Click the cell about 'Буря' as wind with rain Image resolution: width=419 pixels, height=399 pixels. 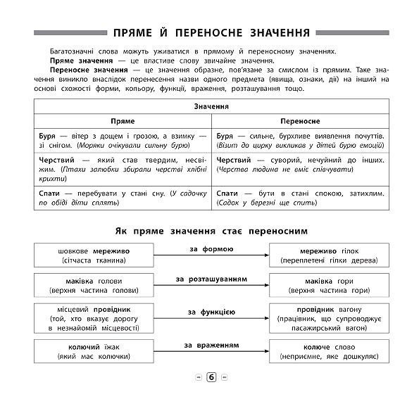pyautogui.click(x=123, y=139)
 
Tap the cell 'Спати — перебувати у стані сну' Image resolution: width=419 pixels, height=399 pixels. pyautogui.click(x=123, y=196)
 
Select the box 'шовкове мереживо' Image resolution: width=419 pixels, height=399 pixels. pyautogui.click(x=88, y=255)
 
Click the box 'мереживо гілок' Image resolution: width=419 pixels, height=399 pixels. pyautogui.click(x=330, y=255)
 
